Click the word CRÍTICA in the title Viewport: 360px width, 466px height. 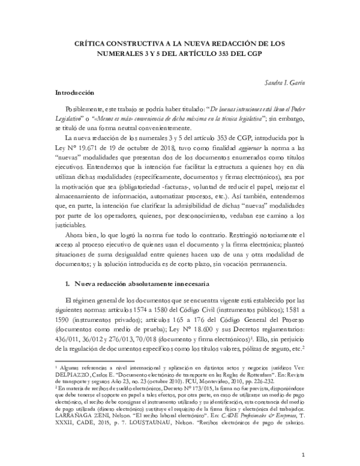click(92, 43)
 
